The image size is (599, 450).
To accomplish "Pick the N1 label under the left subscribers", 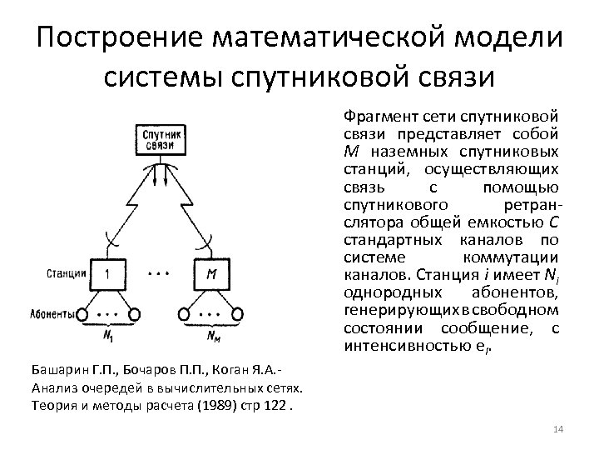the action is pos(109,335).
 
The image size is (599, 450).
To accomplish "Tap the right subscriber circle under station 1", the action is pos(134,314).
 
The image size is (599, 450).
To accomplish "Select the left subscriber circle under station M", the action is pos(186,314).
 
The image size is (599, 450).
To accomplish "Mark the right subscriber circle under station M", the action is pos(237,314).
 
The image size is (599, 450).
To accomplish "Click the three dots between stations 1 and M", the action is pos(160,272).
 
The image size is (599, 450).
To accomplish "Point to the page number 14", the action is pos(557,428).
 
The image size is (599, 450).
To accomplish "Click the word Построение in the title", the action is pos(122,37).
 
